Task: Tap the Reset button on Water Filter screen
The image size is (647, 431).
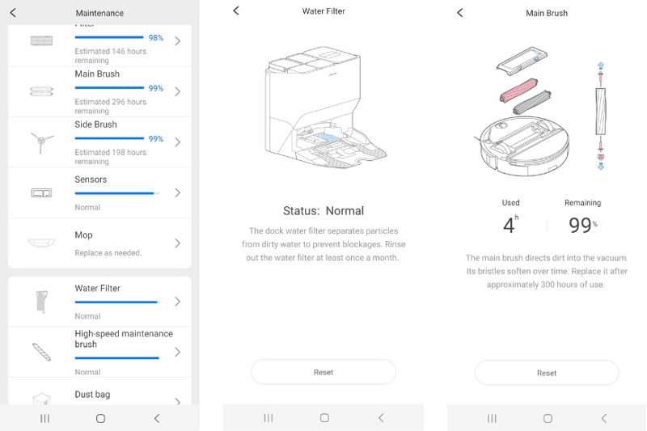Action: point(323,372)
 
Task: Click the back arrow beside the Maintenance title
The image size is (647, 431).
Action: point(13,13)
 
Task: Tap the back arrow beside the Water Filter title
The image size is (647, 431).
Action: point(236,11)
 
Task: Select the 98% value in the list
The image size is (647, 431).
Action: point(156,38)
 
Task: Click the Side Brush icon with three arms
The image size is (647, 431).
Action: point(41,142)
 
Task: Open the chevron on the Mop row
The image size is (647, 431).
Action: point(177,243)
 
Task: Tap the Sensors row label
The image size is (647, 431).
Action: point(91,180)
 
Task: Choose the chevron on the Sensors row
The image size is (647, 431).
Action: point(177,192)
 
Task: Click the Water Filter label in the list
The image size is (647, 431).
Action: point(97,289)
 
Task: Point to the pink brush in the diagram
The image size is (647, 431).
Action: point(519,90)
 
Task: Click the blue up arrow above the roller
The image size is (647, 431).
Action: point(601,65)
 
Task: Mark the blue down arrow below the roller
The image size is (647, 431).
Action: point(601,167)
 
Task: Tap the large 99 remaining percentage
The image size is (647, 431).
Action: point(580,225)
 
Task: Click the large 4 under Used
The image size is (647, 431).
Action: point(509,226)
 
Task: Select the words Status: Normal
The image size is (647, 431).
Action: point(323,211)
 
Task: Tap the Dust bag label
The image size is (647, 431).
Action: point(92,395)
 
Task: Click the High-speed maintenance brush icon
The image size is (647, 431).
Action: point(42,353)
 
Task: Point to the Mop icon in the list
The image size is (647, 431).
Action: point(41,243)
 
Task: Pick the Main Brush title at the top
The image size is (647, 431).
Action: point(547,13)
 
